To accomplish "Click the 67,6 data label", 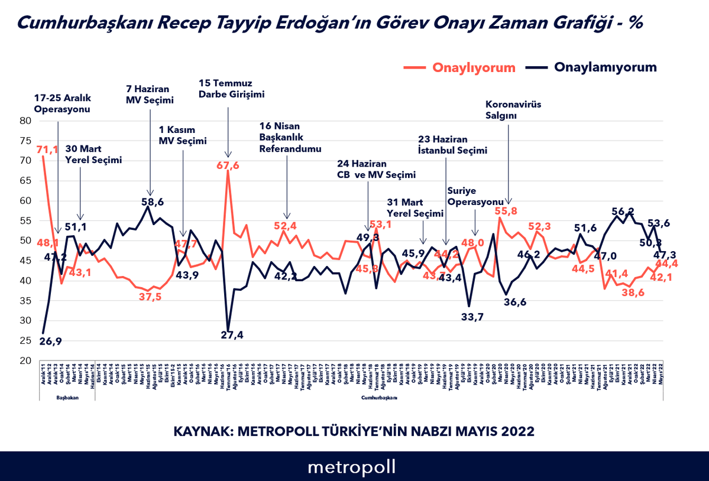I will (x=228, y=165).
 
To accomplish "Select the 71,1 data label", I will (x=47, y=150).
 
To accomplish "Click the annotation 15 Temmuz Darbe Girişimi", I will (x=231, y=88).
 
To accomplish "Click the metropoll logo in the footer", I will (x=351, y=467).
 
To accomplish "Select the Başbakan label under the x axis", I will (x=67, y=398).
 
